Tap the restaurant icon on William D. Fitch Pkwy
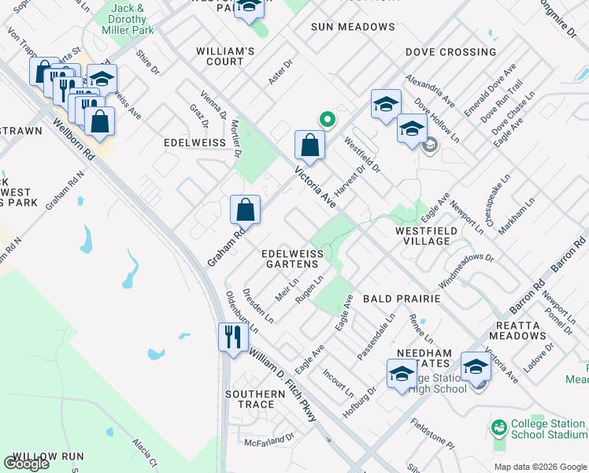[233, 337]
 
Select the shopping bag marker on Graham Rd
[246, 210]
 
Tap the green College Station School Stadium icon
[498, 428]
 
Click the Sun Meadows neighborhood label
[353, 27]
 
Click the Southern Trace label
[255, 399]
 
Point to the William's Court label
[225, 56]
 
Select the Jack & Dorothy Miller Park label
[128, 20]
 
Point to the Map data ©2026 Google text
[540, 466]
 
